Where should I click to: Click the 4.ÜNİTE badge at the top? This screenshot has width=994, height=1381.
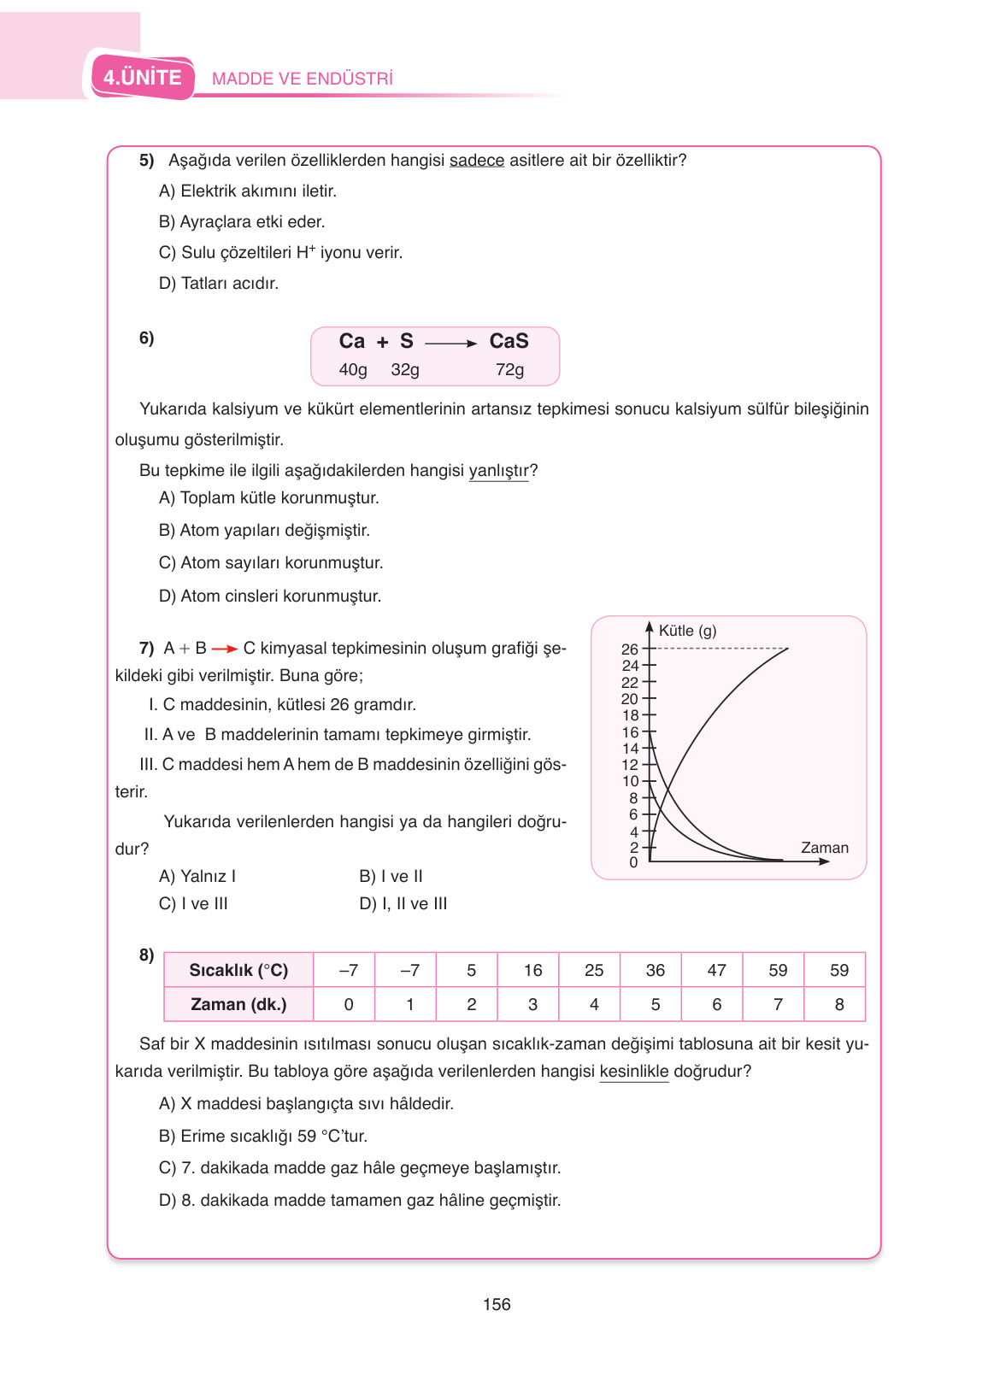tap(143, 78)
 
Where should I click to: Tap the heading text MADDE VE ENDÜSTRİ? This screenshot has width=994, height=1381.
tap(302, 79)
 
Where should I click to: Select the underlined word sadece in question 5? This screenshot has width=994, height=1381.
tap(477, 161)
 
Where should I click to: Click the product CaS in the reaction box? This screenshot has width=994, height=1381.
tap(509, 341)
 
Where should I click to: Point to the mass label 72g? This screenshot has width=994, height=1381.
tap(509, 370)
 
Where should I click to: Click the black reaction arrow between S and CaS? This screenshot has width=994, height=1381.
tap(450, 344)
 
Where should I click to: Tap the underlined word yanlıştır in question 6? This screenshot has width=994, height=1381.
tap(498, 471)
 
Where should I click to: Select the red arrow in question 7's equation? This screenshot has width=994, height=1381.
tap(224, 649)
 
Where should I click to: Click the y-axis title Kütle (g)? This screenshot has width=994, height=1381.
tap(687, 631)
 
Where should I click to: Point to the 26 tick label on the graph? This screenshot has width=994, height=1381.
tap(629, 649)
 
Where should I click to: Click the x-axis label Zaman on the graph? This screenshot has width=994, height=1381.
tap(824, 848)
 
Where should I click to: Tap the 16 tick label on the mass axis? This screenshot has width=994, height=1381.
tap(629, 732)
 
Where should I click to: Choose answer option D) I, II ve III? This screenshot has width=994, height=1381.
tap(403, 904)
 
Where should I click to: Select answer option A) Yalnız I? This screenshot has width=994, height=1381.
tap(197, 877)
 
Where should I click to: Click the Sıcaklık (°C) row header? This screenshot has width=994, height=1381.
tap(238, 971)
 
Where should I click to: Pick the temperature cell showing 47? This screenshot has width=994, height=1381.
tap(716, 971)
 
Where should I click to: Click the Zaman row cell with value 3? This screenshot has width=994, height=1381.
tap(532, 1005)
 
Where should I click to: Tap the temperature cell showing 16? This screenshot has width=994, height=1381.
tap(532, 971)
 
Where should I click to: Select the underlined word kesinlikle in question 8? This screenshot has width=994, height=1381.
tap(633, 1072)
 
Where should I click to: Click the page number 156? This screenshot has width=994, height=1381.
tap(497, 1305)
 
